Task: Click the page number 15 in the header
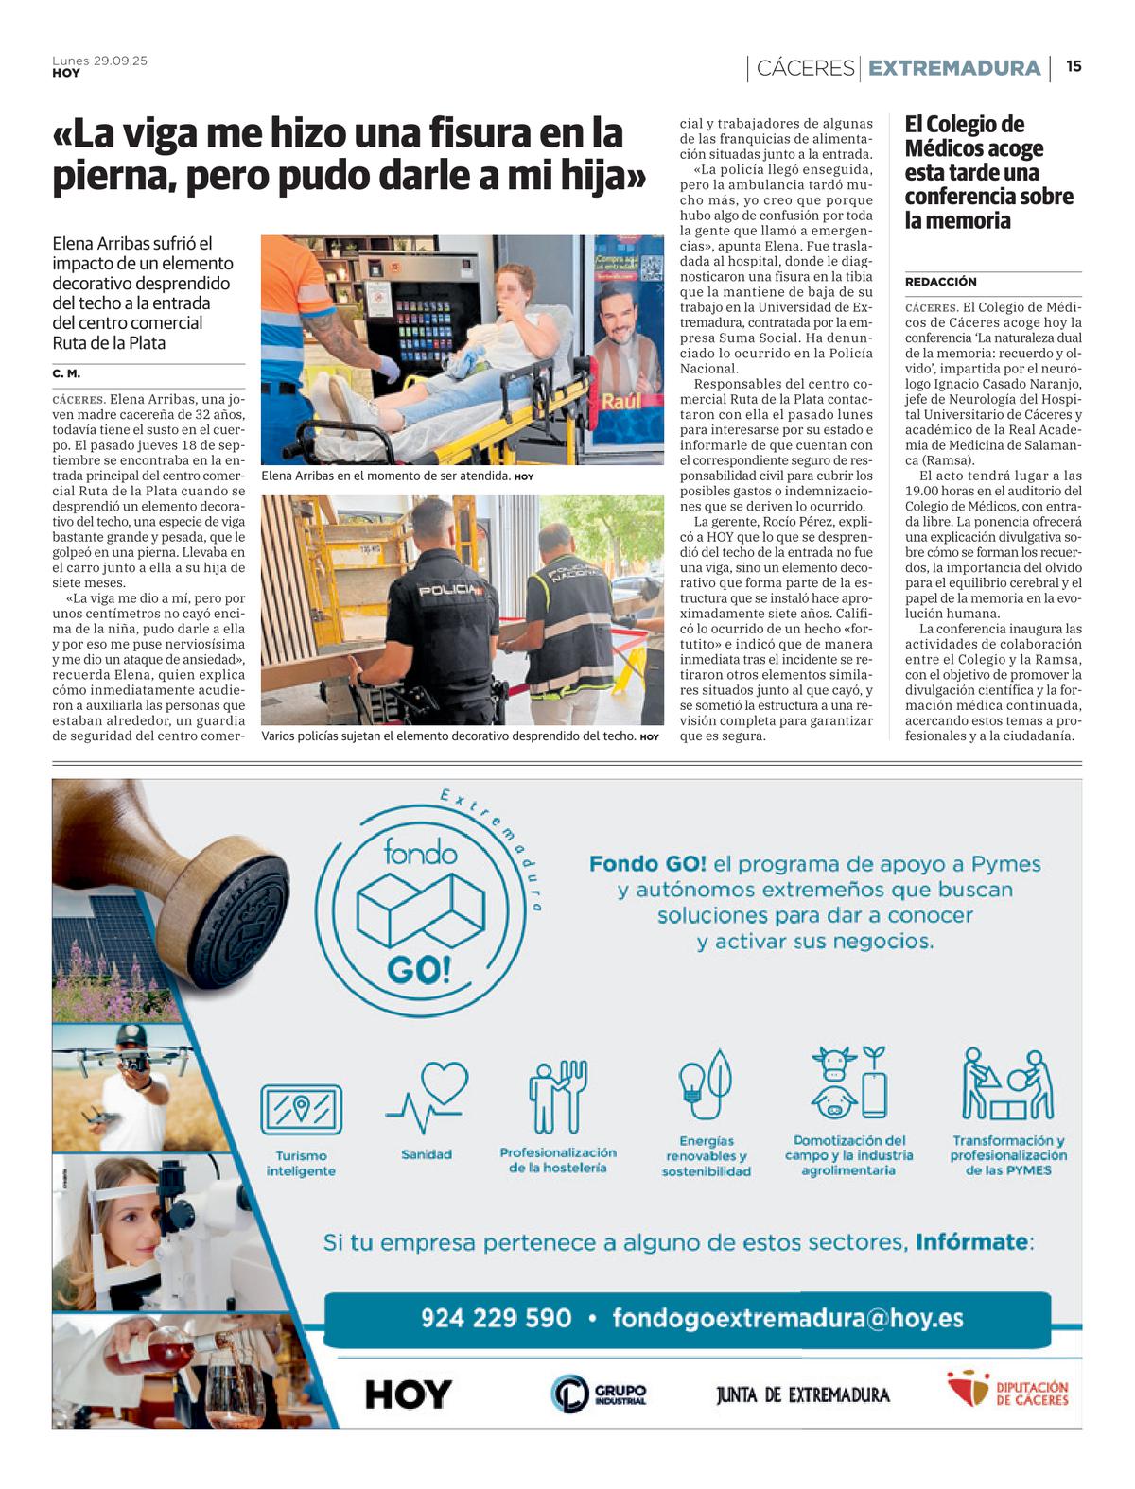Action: (x=1074, y=66)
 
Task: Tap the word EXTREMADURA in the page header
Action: (x=953, y=68)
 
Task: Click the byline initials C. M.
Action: (x=66, y=374)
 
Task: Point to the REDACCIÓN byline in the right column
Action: (x=940, y=282)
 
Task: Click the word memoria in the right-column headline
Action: (x=969, y=221)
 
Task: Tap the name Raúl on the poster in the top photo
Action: (x=621, y=401)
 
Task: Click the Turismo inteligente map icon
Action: (x=301, y=1110)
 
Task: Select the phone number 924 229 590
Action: (x=496, y=1318)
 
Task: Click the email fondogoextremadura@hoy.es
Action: (x=787, y=1318)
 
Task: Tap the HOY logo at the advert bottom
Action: (x=409, y=1394)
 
